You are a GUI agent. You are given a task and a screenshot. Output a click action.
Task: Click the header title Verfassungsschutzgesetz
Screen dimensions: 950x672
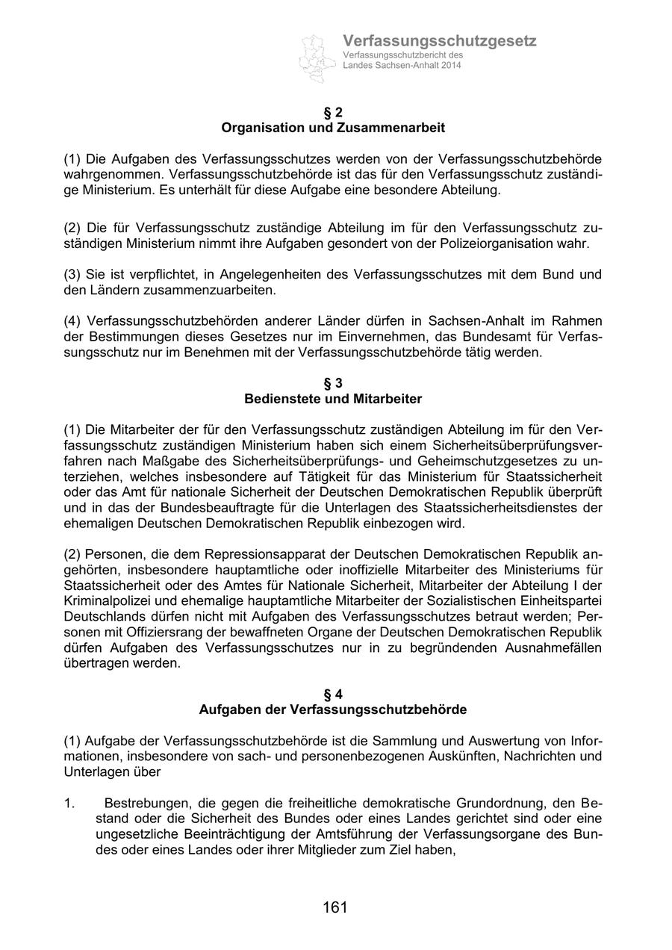coord(439,41)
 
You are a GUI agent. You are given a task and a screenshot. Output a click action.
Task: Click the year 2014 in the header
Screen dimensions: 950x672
coord(450,66)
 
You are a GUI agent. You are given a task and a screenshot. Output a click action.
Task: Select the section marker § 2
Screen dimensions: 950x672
coord(333,112)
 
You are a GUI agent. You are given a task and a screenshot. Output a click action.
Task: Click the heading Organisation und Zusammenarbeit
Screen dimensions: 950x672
coord(333,128)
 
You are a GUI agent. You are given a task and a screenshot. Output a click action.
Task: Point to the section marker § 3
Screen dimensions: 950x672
coord(333,383)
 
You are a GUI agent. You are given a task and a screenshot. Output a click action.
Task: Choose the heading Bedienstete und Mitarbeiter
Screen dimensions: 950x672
coord(333,399)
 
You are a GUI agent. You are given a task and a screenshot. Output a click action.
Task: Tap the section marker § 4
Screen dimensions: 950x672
coord(333,694)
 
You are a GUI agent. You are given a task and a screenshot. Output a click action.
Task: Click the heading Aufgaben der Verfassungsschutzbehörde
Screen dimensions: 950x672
coord(333,710)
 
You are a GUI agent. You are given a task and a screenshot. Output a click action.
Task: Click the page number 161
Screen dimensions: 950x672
coord(335,907)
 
